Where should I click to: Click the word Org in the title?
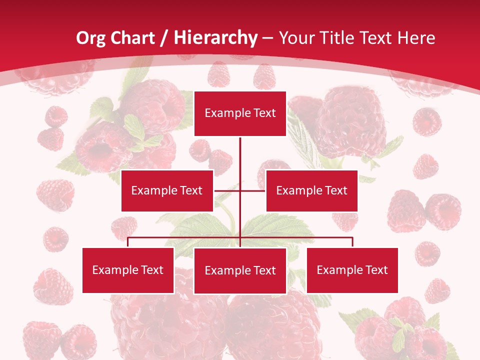pyautogui.click(x=90, y=38)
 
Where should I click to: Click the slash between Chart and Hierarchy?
pyautogui.click(x=163, y=38)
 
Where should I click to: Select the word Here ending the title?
pyautogui.click(x=416, y=38)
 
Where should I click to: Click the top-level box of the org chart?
pyautogui.click(x=240, y=113)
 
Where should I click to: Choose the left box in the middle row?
pyautogui.click(x=167, y=190)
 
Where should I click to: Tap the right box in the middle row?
pyautogui.click(x=311, y=190)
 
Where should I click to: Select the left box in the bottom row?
pyautogui.click(x=128, y=270)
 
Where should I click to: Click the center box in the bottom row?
pyautogui.click(x=240, y=270)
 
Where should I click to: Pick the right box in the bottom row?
pyautogui.click(x=352, y=270)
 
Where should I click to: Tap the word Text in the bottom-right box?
pyautogui.click(x=376, y=270)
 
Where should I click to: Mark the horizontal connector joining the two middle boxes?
pyautogui.click(x=240, y=190)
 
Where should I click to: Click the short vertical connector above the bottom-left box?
pyautogui.click(x=128, y=242)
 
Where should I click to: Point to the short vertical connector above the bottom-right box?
pyautogui.click(x=352, y=242)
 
